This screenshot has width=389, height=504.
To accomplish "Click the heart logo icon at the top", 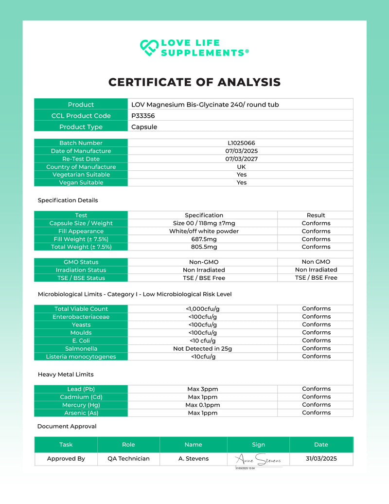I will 149,47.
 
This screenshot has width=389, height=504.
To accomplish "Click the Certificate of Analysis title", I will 194,82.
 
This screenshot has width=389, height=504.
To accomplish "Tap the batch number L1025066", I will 241,143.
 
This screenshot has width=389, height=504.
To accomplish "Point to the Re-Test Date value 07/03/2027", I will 241,159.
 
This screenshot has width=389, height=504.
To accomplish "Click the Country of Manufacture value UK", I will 241,167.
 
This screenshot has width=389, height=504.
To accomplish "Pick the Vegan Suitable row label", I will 81,182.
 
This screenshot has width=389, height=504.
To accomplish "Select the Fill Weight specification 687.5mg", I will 204,239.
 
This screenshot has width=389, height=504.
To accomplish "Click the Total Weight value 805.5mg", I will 204,247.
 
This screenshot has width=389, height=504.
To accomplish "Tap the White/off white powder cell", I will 204,231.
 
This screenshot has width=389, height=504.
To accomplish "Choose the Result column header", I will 316,215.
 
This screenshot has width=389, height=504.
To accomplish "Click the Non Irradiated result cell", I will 316,270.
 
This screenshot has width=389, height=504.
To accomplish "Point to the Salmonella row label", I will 81,348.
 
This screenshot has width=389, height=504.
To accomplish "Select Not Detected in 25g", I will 202,348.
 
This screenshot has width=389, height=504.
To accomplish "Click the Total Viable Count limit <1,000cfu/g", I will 202,308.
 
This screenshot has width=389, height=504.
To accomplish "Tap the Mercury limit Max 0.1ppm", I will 202,405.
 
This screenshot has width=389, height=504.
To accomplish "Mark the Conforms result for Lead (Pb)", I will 316,389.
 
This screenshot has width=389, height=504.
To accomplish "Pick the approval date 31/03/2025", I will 321,458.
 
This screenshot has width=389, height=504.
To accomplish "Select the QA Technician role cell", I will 128,458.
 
